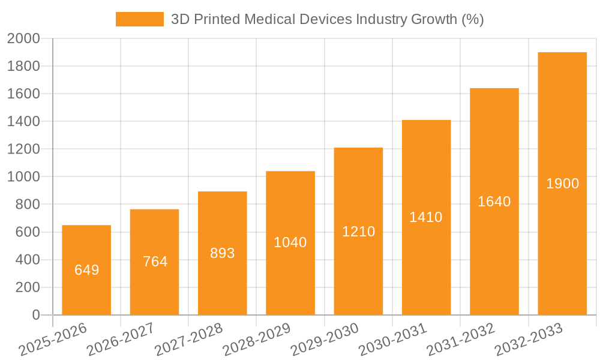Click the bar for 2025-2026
click(x=86, y=270)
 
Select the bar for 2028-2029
click(x=290, y=243)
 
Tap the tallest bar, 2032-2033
click(x=562, y=184)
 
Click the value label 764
click(x=155, y=262)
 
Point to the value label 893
click(x=223, y=253)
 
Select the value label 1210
click(x=358, y=232)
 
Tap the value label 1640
click(x=494, y=202)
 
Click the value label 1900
click(x=562, y=184)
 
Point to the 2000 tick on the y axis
click(x=23, y=39)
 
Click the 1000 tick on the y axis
click(x=23, y=177)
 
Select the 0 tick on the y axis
click(x=35, y=315)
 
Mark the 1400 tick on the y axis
click(x=23, y=122)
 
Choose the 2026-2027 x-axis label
click(x=120, y=340)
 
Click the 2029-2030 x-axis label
click(x=325, y=340)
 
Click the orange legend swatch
click(x=139, y=19)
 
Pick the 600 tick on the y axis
click(x=27, y=232)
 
